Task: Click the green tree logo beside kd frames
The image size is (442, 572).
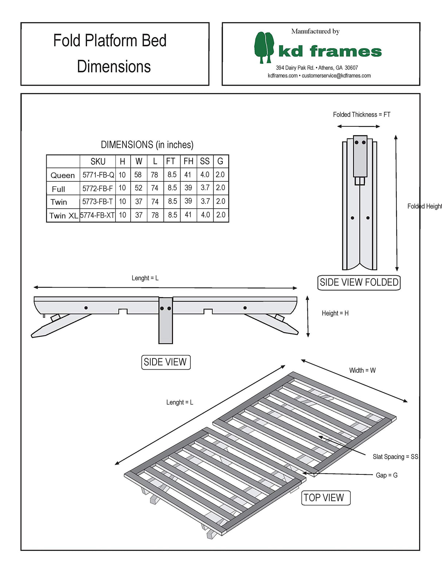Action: tap(264, 47)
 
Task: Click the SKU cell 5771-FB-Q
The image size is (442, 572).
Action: tap(98, 175)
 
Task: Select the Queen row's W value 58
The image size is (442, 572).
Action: tap(138, 175)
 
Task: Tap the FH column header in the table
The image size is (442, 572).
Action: tap(188, 161)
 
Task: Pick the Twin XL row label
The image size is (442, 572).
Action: tap(63, 216)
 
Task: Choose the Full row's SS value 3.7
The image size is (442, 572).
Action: tap(205, 188)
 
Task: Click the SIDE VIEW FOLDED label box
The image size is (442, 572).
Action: tap(359, 283)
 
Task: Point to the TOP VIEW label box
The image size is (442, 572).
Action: tap(325, 498)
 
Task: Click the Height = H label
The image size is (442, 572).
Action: tap(335, 313)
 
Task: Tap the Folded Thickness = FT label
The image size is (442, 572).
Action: tap(361, 115)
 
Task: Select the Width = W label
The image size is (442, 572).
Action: tap(362, 370)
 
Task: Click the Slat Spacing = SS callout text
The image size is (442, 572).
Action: tap(395, 457)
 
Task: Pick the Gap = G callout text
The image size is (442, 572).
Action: tap(386, 475)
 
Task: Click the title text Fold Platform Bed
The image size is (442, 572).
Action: tap(110, 40)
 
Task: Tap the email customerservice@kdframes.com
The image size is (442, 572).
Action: tap(336, 76)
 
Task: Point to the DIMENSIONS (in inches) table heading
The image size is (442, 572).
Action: tap(147, 145)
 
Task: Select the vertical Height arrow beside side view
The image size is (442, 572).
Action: tap(308, 316)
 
